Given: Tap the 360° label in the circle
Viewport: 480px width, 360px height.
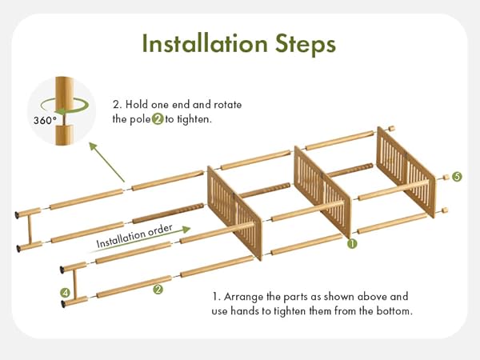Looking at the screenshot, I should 45,120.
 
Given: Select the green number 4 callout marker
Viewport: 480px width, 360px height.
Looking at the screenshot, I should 65,293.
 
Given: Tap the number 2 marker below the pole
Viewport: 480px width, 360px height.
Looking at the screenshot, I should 158,290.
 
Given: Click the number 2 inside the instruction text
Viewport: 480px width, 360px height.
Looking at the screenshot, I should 158,119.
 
